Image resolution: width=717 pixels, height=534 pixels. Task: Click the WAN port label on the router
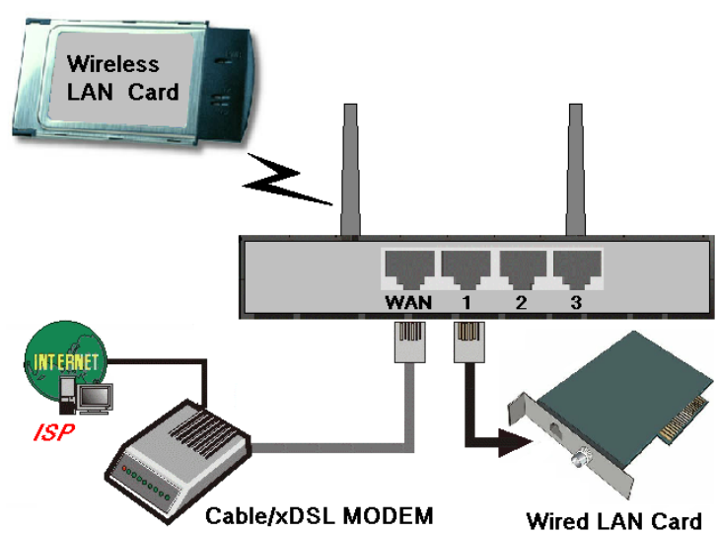(408, 302)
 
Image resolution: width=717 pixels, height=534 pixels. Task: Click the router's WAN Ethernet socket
(408, 267)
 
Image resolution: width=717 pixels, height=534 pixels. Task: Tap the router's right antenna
(575, 168)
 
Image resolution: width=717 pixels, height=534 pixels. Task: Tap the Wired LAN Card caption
(613, 520)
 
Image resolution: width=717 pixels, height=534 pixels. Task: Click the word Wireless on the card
(112, 65)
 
